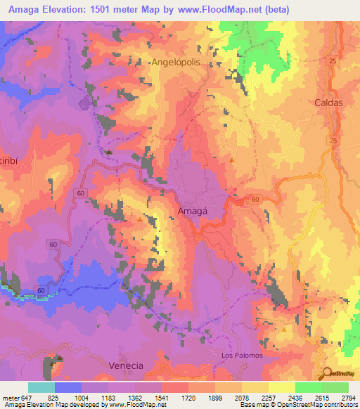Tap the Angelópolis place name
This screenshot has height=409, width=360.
[185, 63]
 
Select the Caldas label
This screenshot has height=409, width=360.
[328, 102]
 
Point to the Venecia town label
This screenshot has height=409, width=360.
[127, 365]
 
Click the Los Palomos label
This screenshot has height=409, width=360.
[242, 355]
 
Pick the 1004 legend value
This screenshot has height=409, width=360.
[82, 398]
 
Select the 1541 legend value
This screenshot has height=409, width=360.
[161, 398]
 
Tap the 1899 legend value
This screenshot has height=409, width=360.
[214, 398]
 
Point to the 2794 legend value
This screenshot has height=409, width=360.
[348, 398]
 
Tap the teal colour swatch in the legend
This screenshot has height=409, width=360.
[41, 387]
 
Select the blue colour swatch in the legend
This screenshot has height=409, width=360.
[68, 387]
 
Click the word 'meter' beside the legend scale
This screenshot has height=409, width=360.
[9, 398]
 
